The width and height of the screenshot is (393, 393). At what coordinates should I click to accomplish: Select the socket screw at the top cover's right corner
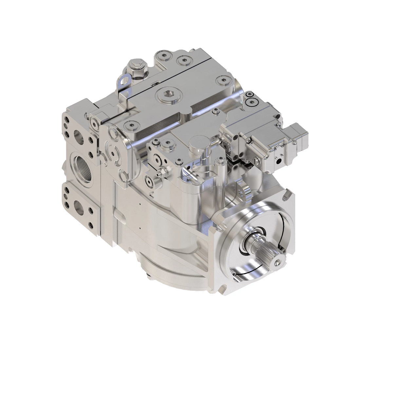pos(224,79)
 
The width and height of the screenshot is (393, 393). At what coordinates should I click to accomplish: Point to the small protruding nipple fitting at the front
pos(159,174)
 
